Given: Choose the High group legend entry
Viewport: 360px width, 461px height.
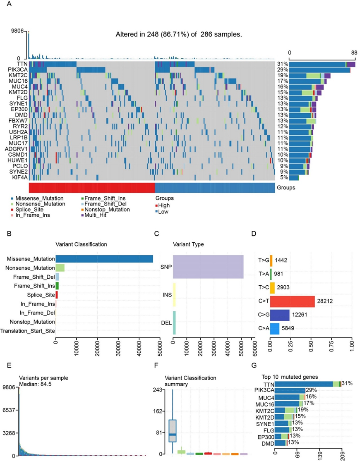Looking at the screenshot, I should coord(164,205).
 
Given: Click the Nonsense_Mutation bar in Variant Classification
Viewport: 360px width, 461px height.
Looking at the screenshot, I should coord(60,268).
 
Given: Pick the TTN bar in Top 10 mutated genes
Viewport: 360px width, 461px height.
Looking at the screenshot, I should coord(304,384).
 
